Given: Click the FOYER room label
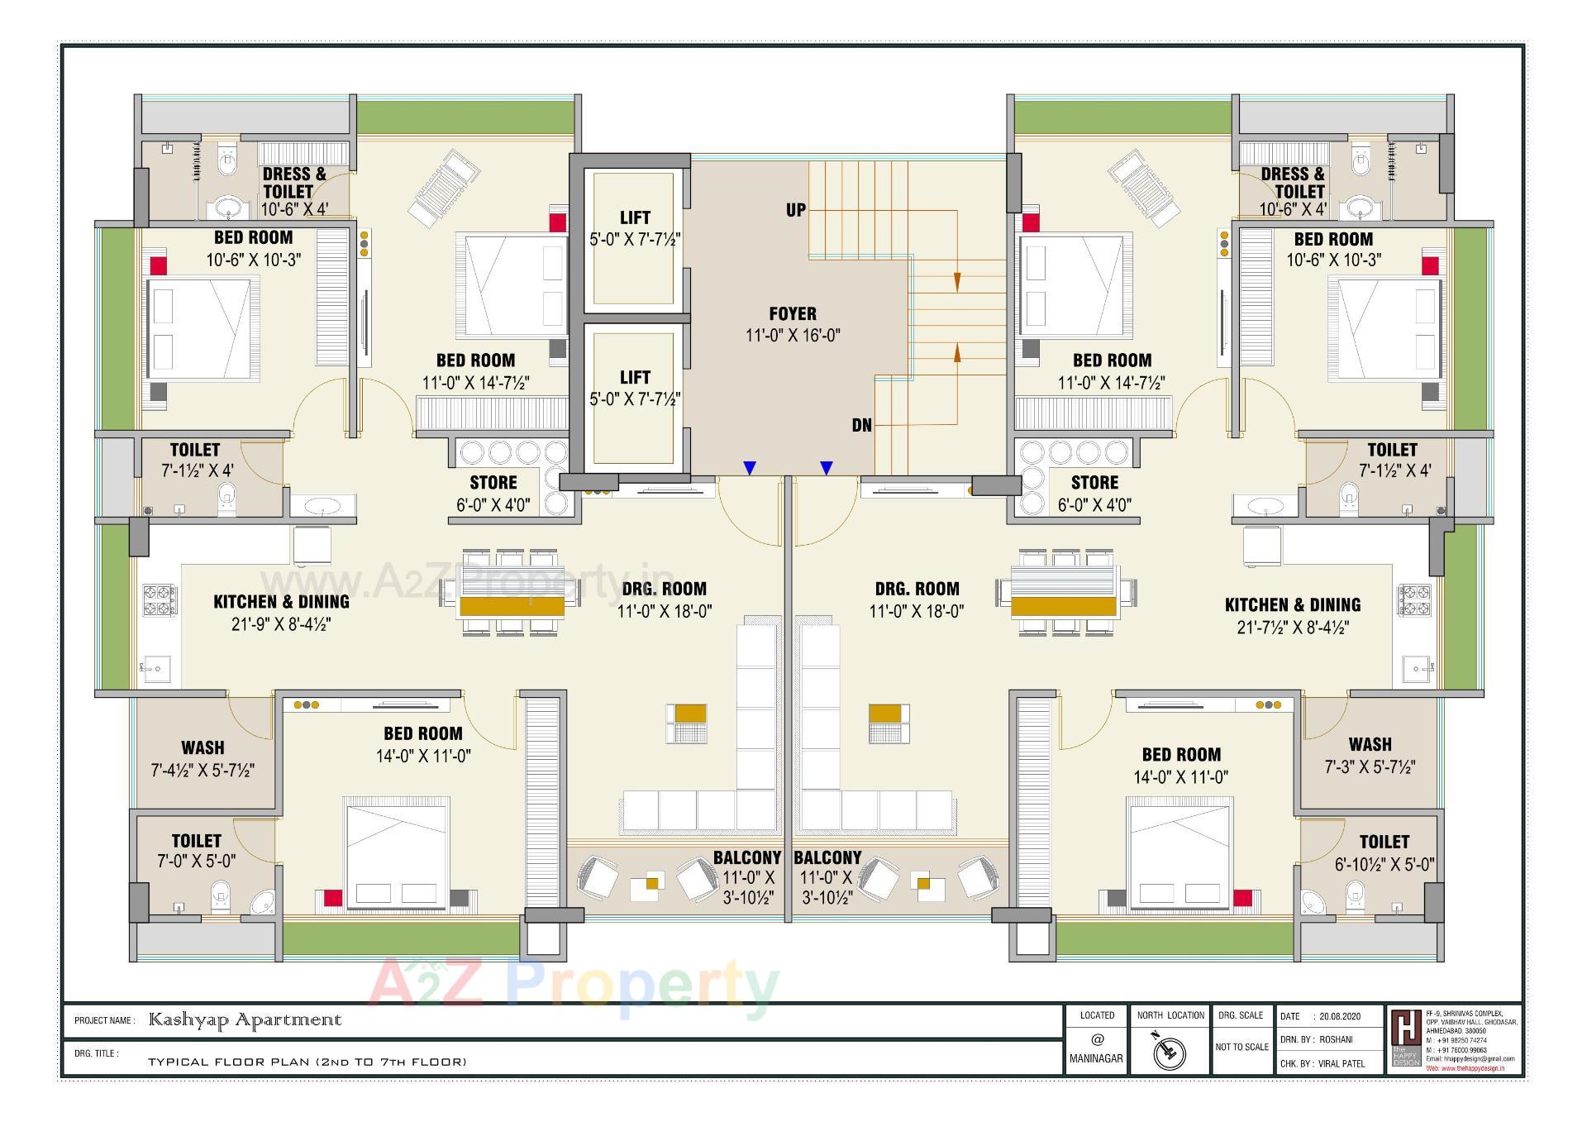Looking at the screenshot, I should [792, 314].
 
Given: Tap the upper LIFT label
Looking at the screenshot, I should [635, 218].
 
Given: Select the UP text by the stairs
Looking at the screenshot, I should [795, 210].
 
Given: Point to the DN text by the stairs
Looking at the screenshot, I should [861, 426].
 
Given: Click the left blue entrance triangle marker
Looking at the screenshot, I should [749, 469].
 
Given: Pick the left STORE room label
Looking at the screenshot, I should [493, 483].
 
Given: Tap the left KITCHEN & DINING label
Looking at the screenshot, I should [281, 602].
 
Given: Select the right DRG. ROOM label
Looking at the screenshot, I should [917, 590].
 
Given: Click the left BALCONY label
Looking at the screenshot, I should [747, 858].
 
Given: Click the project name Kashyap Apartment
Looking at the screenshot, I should [245, 1020].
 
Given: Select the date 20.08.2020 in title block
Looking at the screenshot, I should [1340, 1017].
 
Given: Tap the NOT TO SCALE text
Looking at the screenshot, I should [1241, 1047].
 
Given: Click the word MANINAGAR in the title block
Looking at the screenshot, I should [1096, 1058].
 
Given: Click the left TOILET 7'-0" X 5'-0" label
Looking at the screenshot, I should [196, 851].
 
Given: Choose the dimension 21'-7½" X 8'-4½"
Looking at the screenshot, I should [1293, 628].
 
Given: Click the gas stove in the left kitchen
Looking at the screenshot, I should [160, 600].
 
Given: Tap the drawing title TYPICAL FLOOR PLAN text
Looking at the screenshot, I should [307, 1062].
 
